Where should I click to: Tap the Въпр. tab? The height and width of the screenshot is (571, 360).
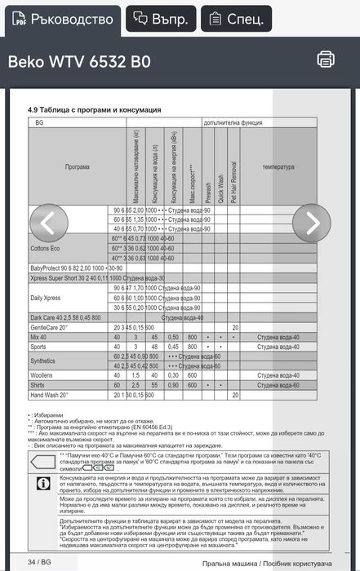point(161,19)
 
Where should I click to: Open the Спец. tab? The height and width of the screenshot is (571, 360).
point(237,19)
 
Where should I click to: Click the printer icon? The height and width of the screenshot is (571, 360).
point(326,59)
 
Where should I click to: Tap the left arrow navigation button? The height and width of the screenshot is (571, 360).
point(48,223)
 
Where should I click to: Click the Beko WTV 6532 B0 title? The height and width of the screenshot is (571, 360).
point(79,63)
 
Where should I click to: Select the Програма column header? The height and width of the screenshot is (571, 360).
point(78,166)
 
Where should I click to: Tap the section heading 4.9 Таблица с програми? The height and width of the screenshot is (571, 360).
point(94,109)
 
